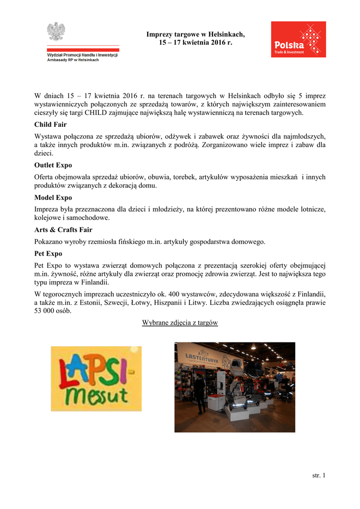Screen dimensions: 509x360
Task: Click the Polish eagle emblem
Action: tap(56, 31)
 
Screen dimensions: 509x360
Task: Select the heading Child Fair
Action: tap(50, 124)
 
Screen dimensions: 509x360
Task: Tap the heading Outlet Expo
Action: tap(53, 165)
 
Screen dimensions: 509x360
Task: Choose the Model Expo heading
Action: tap(53, 197)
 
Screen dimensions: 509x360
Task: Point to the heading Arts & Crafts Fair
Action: tap(63, 230)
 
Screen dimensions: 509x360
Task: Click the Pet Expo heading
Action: tap(48, 254)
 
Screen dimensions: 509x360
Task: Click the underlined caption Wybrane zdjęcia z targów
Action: tap(180, 323)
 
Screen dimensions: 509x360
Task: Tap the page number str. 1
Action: tap(318, 476)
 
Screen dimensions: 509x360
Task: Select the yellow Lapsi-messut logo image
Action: tap(96, 378)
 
